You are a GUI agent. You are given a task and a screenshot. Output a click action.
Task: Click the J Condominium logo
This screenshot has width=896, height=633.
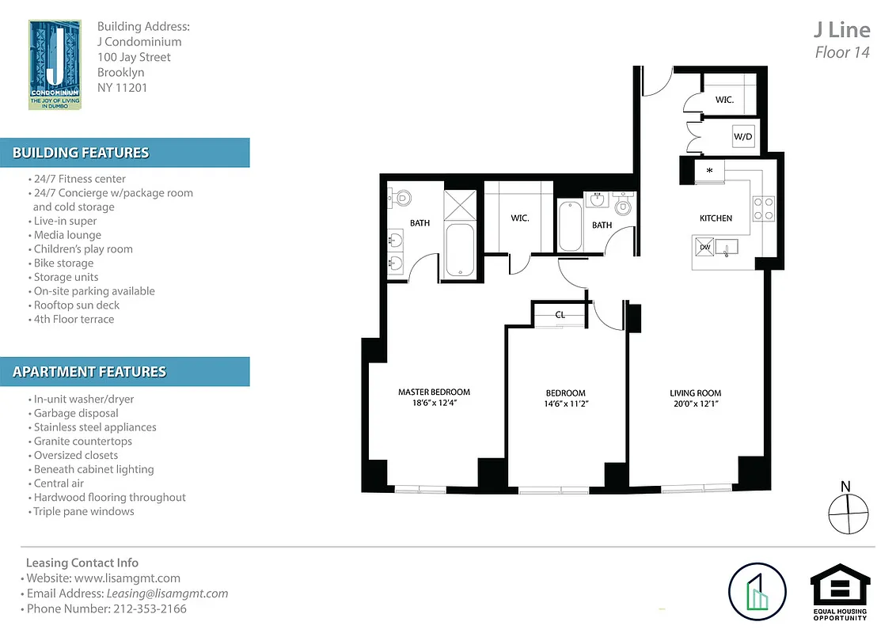54,65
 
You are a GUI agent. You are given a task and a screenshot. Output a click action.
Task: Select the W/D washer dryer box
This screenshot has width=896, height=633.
743,137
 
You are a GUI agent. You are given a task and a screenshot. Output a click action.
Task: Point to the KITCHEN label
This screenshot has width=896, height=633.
716,218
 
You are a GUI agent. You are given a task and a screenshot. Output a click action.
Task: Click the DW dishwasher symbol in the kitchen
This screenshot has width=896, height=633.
704,248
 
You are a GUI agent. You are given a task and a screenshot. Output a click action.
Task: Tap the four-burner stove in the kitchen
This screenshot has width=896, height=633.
764,207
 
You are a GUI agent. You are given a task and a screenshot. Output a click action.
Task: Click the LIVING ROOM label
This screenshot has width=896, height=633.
695,393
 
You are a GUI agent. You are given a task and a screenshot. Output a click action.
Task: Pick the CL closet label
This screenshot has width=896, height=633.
560,315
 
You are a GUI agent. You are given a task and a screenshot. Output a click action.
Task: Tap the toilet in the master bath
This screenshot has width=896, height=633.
401,197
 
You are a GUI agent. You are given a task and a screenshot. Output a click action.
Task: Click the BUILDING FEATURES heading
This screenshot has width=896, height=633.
81,153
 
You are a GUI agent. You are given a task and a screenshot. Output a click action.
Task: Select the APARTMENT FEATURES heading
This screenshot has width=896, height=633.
89,372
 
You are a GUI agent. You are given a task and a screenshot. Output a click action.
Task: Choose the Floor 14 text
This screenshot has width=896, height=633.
842,53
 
